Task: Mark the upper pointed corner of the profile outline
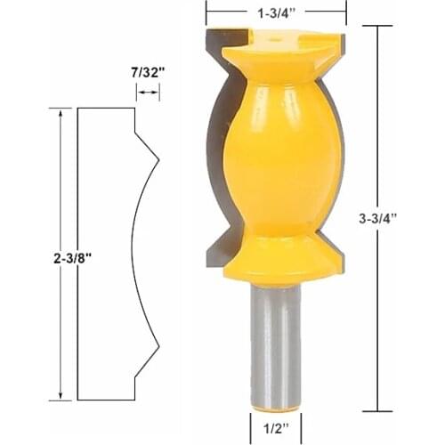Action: click(158, 160)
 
